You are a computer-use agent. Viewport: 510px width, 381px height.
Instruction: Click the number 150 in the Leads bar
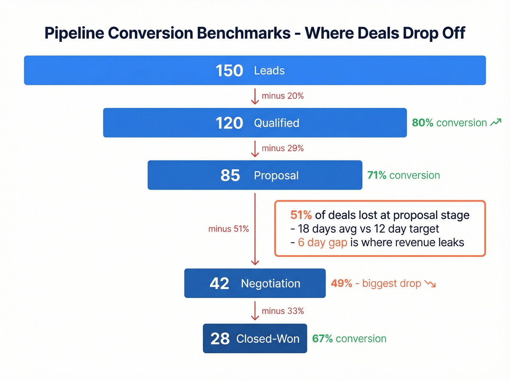(x=229, y=71)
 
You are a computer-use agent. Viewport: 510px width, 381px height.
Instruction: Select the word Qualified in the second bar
(x=276, y=123)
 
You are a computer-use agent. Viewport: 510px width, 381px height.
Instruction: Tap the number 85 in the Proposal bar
(x=230, y=175)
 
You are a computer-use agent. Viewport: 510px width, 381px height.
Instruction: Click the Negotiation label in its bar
(x=271, y=284)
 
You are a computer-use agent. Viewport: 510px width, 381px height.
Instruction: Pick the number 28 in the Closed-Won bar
(x=220, y=339)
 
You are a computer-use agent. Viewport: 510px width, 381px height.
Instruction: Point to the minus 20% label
(x=282, y=96)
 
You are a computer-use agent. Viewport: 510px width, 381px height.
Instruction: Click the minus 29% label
(x=282, y=148)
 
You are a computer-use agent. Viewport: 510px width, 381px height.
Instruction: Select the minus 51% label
(x=228, y=229)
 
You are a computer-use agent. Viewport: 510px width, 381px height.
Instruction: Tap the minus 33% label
(x=282, y=311)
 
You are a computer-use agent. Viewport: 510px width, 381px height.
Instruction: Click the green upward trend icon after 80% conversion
(x=496, y=123)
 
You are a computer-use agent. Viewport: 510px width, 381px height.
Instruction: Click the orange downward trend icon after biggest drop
(x=430, y=284)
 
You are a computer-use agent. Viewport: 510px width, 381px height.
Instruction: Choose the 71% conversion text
(x=404, y=175)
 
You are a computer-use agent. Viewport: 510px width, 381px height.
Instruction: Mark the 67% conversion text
(x=349, y=339)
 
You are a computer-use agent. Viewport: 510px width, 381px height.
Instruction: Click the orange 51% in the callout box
(x=301, y=215)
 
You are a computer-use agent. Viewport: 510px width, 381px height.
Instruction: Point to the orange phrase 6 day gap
(x=322, y=242)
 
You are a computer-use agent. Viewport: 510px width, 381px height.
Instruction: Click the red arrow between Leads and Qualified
(x=255, y=96)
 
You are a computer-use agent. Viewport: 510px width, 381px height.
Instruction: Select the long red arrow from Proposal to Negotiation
(x=255, y=229)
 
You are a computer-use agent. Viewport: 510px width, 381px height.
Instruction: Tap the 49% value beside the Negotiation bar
(x=341, y=284)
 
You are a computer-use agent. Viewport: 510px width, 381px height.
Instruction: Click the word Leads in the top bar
(x=269, y=71)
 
